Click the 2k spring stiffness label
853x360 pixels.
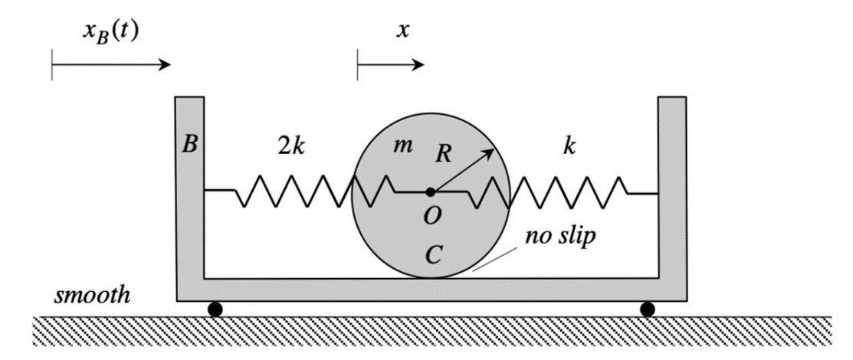click(290, 147)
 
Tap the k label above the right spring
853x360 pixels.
click(569, 147)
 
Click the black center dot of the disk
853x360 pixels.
click(431, 191)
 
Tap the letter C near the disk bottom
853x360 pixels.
click(434, 255)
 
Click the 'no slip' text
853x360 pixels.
click(560, 237)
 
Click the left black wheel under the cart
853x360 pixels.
click(215, 309)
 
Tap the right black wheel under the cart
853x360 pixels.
click(648, 309)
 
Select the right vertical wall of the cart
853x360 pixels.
click(671, 191)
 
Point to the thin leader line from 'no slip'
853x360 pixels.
click(498, 260)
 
